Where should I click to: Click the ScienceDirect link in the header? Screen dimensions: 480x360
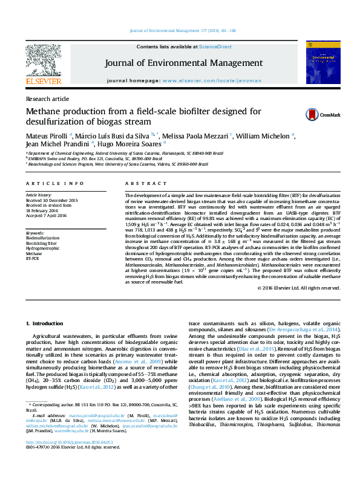point(215,47)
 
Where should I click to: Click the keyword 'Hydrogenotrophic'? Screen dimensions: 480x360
point(42,248)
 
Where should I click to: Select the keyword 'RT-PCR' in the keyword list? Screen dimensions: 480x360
point(32,258)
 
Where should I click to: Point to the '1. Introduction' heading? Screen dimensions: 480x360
point(47,324)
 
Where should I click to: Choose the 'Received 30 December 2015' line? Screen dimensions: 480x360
point(51,201)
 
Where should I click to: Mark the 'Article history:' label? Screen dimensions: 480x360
point(39,196)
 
